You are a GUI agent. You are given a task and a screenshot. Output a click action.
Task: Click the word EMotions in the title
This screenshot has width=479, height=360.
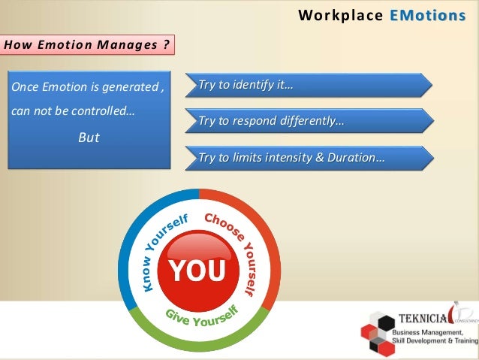(428, 16)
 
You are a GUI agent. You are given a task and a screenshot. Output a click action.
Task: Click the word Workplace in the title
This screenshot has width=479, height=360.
(341, 16)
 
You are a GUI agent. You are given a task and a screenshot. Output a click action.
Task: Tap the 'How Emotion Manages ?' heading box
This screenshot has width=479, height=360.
(88, 44)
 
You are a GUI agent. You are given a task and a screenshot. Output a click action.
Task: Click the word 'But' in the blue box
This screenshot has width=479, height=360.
(89, 138)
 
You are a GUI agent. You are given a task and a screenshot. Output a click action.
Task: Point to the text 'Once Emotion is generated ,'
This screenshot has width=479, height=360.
(86, 89)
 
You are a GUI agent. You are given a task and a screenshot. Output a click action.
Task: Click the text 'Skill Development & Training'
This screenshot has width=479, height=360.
(435, 342)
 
